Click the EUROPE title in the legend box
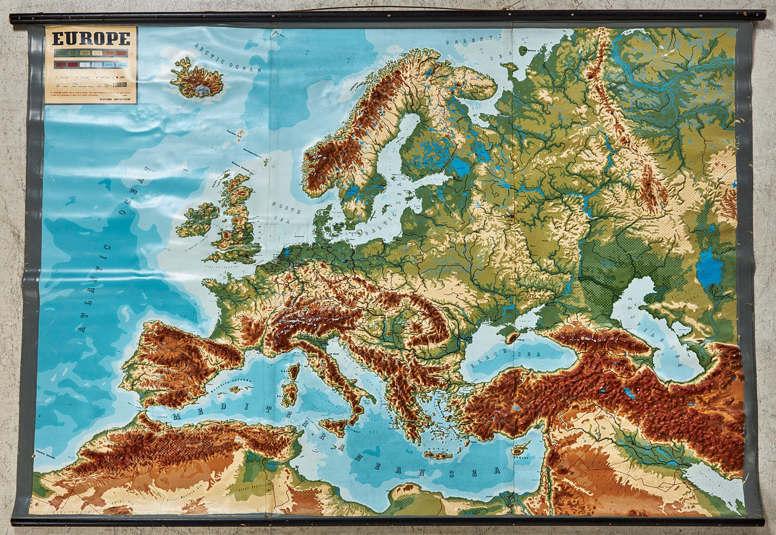91,38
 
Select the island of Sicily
337,426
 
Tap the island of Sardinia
289,394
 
